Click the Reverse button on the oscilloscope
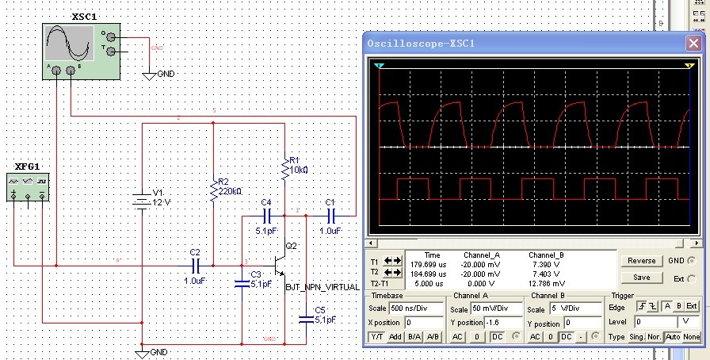(641, 261)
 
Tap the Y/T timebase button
(376, 337)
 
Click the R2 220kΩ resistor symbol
(213, 189)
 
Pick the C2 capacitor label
(195, 252)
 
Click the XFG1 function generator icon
(28, 187)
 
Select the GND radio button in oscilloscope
(693, 261)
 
